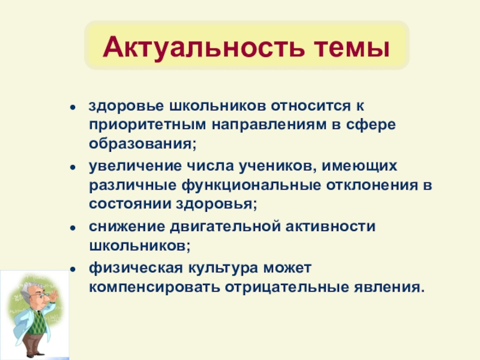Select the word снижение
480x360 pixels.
[x=122, y=226]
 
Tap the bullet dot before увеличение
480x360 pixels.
[x=73, y=166]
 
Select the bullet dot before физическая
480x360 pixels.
[x=73, y=267]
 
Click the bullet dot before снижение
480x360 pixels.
[x=73, y=227]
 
